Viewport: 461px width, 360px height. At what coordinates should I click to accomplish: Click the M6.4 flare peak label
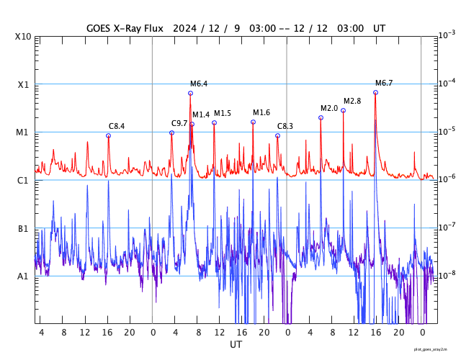(199, 84)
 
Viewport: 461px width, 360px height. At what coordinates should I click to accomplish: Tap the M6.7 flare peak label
(384, 83)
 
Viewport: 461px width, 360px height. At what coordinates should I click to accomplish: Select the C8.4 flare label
(117, 126)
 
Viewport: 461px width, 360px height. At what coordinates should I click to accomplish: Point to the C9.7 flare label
(179, 123)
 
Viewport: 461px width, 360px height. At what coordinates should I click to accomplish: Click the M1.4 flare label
(201, 114)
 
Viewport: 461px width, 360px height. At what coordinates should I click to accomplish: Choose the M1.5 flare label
(223, 113)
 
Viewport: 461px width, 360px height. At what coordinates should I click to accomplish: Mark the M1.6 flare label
(261, 112)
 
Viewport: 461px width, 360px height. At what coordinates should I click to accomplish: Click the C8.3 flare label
(285, 126)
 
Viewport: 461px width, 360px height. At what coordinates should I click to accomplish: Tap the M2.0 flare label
(329, 108)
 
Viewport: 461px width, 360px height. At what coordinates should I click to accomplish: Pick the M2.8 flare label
(352, 101)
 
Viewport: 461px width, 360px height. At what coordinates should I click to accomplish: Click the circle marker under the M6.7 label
(375, 92)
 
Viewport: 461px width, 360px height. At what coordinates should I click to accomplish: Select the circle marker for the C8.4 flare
(108, 135)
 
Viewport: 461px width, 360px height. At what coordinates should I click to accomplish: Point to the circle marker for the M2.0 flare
(321, 117)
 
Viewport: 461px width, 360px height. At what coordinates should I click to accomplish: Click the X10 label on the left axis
(23, 37)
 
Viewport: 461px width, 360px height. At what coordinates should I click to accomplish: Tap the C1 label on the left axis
(23, 180)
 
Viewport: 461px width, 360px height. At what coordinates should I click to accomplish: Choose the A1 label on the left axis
(23, 276)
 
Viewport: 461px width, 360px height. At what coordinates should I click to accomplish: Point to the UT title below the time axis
(236, 345)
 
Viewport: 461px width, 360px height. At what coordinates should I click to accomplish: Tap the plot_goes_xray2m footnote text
(435, 348)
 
